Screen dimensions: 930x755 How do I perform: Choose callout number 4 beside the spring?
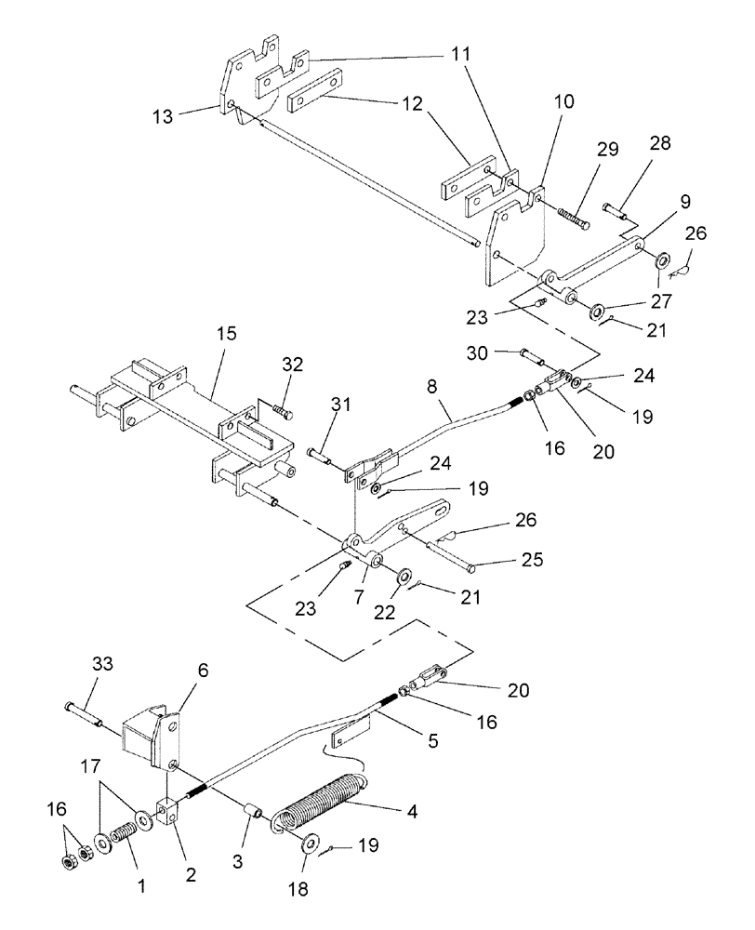(410, 811)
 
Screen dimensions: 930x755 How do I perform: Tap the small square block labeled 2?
(167, 812)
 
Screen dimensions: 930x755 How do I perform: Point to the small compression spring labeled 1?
(123, 824)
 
